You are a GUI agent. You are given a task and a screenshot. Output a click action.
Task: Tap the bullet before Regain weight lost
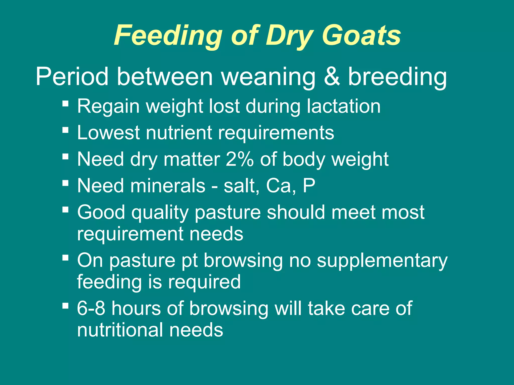coord(66,103)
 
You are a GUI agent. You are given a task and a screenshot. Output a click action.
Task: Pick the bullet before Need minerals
coord(66,183)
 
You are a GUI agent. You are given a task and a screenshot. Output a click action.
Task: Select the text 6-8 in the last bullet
coord(91,308)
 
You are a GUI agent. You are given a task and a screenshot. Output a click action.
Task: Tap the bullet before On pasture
coord(66,257)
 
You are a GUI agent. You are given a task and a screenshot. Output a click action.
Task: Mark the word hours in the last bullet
coord(136,308)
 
